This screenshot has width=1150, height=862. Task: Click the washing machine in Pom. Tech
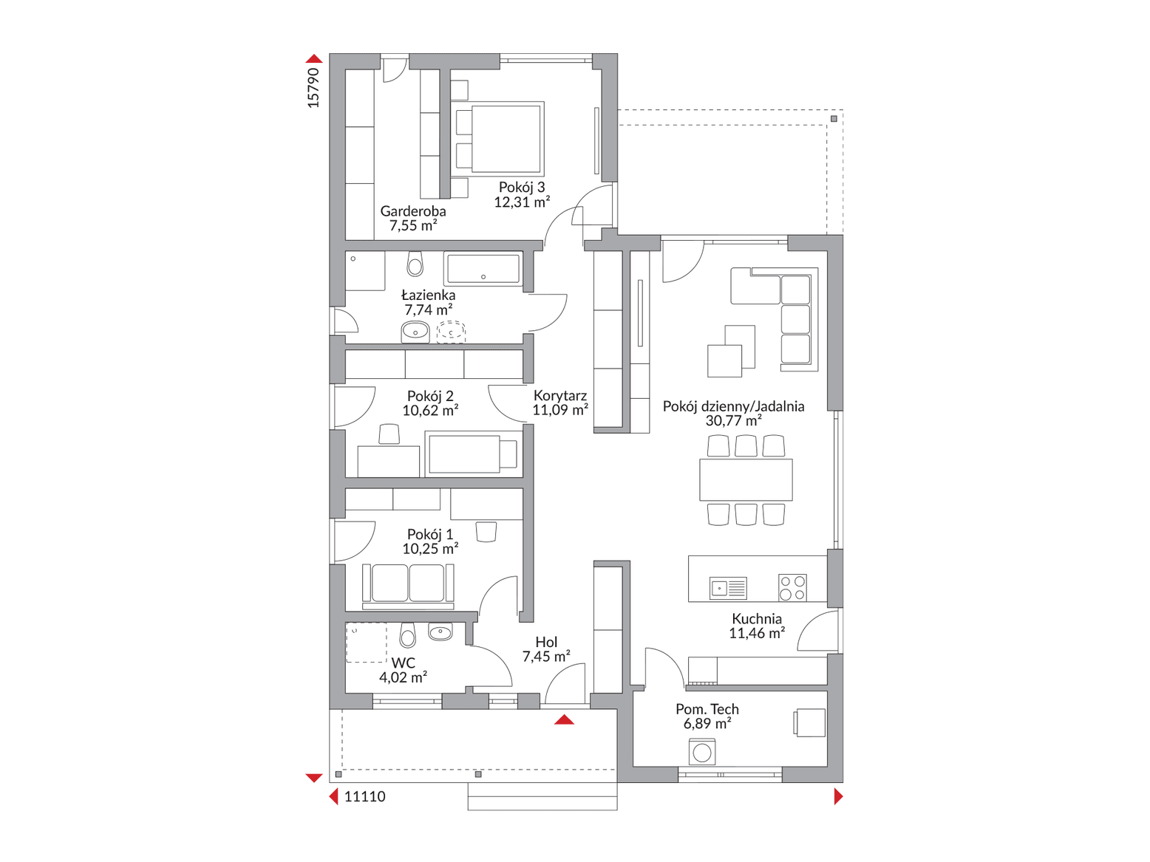click(702, 752)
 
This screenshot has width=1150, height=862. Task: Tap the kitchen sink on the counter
click(728, 588)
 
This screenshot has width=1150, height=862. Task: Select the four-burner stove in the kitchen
click(792, 588)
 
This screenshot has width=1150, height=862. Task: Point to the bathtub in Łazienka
click(483, 269)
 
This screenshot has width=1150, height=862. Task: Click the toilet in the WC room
click(407, 634)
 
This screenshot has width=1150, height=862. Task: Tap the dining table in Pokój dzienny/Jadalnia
click(746, 479)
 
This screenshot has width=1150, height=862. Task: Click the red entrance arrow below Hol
click(564, 719)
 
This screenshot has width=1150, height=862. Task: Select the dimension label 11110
click(364, 796)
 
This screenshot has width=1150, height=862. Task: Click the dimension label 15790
click(313, 88)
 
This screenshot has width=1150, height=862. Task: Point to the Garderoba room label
click(413, 211)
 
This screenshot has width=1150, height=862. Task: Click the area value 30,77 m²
click(733, 420)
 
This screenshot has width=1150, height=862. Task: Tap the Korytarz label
click(560, 396)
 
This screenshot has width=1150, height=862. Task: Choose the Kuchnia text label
click(757, 619)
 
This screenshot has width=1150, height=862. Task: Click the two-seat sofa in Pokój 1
click(408, 586)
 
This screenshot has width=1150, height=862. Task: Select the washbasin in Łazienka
click(415, 332)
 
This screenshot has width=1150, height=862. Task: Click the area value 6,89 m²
click(707, 724)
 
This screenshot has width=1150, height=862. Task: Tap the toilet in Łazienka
click(415, 264)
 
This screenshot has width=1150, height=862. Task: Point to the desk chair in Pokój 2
click(389, 434)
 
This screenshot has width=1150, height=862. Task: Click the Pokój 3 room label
click(522, 187)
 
